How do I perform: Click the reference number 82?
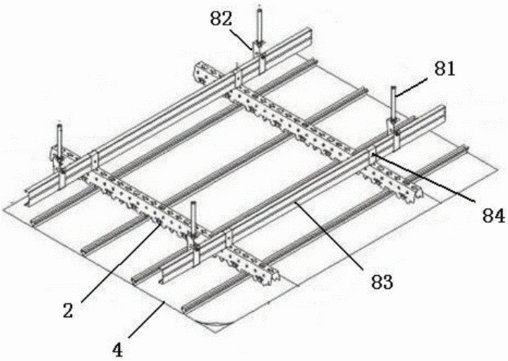pyautogui.click(x=222, y=19)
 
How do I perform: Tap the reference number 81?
pyautogui.click(x=444, y=69)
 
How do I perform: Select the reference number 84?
pyautogui.click(x=494, y=215)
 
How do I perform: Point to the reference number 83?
pyautogui.click(x=382, y=282)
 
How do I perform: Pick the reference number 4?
pyautogui.click(x=118, y=350)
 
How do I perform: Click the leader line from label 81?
pyautogui.click(x=413, y=87)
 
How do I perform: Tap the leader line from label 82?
pyautogui.click(x=241, y=39)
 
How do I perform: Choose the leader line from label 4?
pyautogui.click(x=147, y=319)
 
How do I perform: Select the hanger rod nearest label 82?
pyautogui.click(x=259, y=25)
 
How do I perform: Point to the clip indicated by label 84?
pyautogui.click(x=372, y=155)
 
